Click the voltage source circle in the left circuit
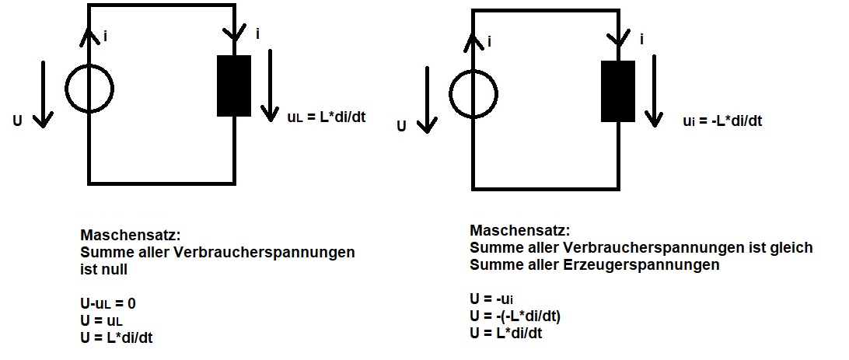coord(66,88)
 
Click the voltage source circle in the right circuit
coord(450,93)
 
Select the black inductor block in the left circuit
coord(234,86)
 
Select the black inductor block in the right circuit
coord(618,91)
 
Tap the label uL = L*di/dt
coord(327,117)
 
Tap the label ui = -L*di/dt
coord(722,121)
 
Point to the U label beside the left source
coord(18,121)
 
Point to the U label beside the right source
coord(401,126)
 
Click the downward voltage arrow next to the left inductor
coord(270,86)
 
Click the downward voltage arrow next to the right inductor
coord(654,90)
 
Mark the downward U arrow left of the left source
coord(43,94)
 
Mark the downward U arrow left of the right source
coord(427,100)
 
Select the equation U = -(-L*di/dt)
coord(515,316)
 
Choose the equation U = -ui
coord(491,299)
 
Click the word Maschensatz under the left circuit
coord(130,236)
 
